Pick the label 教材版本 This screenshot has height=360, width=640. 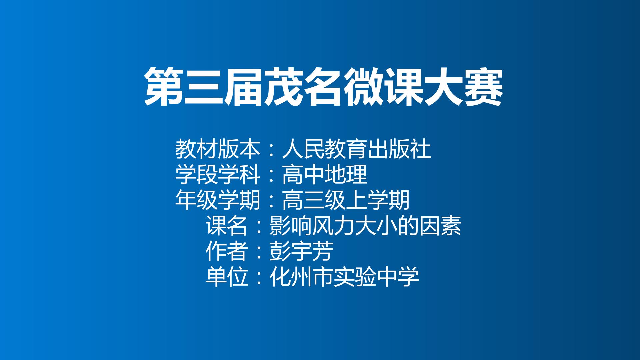[x=217, y=149]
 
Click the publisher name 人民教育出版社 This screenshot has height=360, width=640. [x=356, y=149]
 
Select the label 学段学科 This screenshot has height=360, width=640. [x=217, y=175]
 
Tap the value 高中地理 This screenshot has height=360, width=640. [x=324, y=175]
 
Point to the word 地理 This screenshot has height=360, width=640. [x=346, y=175]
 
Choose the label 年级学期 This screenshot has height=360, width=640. [x=217, y=200]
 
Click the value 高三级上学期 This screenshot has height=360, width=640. [x=346, y=200]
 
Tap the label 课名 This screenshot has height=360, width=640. [x=227, y=226]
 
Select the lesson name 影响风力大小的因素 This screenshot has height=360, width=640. [x=365, y=226]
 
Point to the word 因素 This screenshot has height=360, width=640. [x=440, y=226]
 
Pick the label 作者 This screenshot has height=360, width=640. [x=227, y=252]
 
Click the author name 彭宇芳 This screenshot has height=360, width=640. [x=301, y=252]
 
